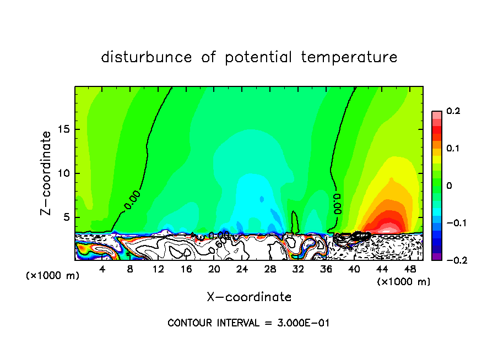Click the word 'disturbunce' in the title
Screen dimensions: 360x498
(146, 57)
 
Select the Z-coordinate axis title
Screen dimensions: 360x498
(48, 173)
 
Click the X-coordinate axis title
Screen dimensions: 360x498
(249, 297)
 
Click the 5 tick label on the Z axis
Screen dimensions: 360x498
(66, 217)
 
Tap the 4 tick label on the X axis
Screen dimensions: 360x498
(102, 269)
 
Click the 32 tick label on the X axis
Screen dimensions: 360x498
(297, 269)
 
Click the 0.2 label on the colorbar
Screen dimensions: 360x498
(453, 111)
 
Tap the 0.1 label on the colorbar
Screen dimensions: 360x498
(453, 149)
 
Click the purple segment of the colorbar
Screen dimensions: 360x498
(437, 257)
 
